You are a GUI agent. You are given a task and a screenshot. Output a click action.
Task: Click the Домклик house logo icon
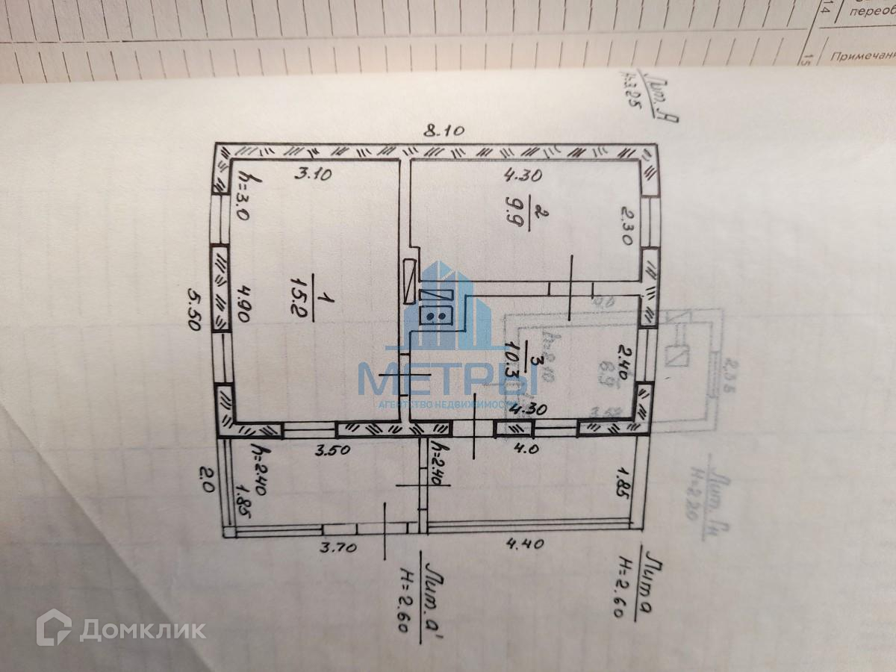tap(55, 628)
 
